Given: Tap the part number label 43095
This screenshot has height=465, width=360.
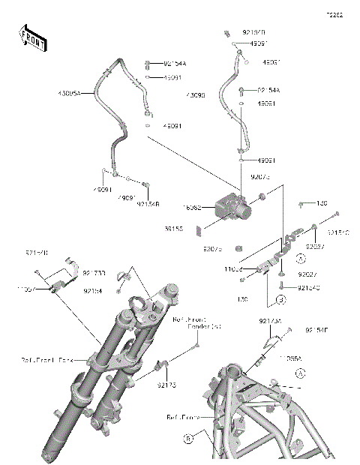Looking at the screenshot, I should tap(196, 96).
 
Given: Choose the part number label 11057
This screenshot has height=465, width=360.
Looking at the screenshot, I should tap(26, 288).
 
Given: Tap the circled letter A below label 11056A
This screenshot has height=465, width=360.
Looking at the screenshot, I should tap(300, 373).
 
